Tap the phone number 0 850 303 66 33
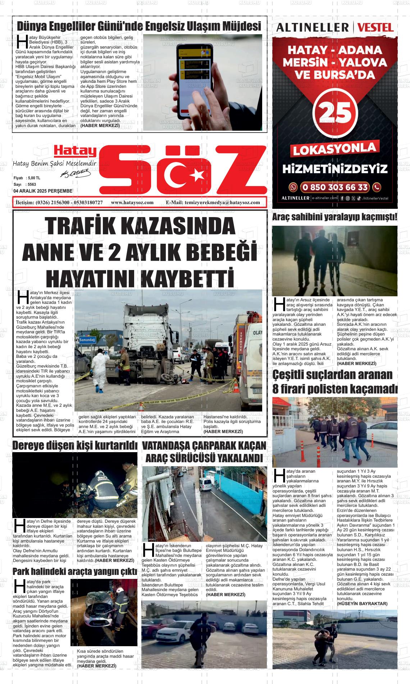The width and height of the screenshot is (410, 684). pyautogui.click(x=335, y=188)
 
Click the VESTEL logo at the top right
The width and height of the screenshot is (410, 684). pyautogui.click(x=376, y=27)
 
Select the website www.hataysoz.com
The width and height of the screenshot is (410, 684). pyautogui.click(x=132, y=202)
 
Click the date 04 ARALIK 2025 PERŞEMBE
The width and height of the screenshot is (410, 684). pyautogui.click(x=43, y=191)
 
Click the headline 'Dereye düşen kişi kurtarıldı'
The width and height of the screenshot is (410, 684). pyautogui.click(x=75, y=446)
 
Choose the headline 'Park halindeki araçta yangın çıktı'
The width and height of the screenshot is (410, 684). pyautogui.click(x=75, y=571)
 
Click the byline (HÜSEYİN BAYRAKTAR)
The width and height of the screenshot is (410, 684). pyautogui.click(x=362, y=603)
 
